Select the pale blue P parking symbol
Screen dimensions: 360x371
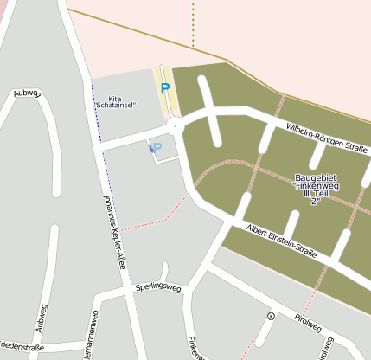(157, 147)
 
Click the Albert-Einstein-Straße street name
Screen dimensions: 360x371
(281, 241)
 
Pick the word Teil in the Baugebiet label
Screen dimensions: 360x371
(326, 193)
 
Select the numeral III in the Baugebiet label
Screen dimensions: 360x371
(308, 193)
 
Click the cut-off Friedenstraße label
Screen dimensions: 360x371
(21, 347)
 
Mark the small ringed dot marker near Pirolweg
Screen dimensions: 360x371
(271, 318)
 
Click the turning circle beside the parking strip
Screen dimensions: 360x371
(177, 126)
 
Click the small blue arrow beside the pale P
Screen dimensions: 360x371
(150, 150)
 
